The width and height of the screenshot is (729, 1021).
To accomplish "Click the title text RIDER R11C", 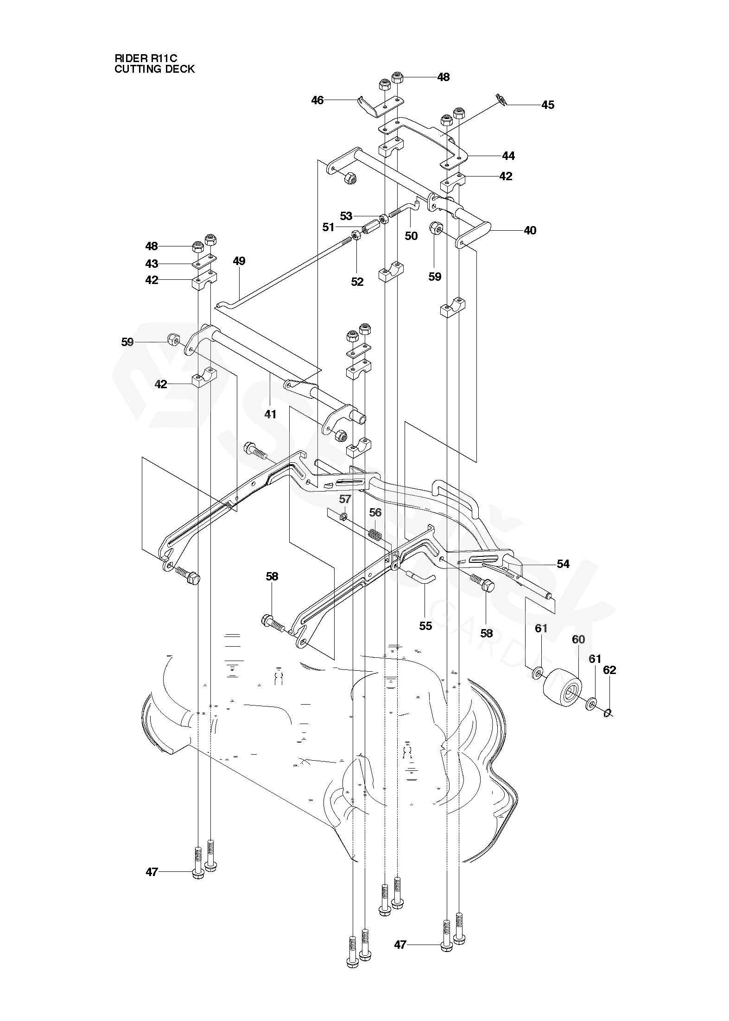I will coord(146,58).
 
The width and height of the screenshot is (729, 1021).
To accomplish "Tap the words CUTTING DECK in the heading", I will coord(154,69).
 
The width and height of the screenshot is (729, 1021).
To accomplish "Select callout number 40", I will coord(530,230).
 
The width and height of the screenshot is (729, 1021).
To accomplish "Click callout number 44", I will coord(508,156).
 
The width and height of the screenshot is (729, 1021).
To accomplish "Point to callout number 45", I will coord(548,105).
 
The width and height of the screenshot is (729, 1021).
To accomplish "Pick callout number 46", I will coord(317,100).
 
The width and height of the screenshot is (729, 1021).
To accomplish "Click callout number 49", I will coord(239,261).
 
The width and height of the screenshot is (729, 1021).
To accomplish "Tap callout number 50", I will coord(411,236).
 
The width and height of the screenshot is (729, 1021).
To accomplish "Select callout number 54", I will coord(563,564).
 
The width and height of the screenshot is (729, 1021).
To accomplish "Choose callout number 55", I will coord(425,626).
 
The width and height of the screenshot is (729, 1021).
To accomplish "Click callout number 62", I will coord(610,670).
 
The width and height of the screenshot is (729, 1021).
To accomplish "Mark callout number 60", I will coord(578,639).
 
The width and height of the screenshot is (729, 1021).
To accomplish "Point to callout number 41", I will coord(270,414).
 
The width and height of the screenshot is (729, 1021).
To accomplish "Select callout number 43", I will coord(152,264).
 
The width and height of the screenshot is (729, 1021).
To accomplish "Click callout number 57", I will coord(345,499).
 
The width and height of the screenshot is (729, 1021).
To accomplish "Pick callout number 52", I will coord(357,281).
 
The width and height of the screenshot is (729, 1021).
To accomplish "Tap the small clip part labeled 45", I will coord(500,98).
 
